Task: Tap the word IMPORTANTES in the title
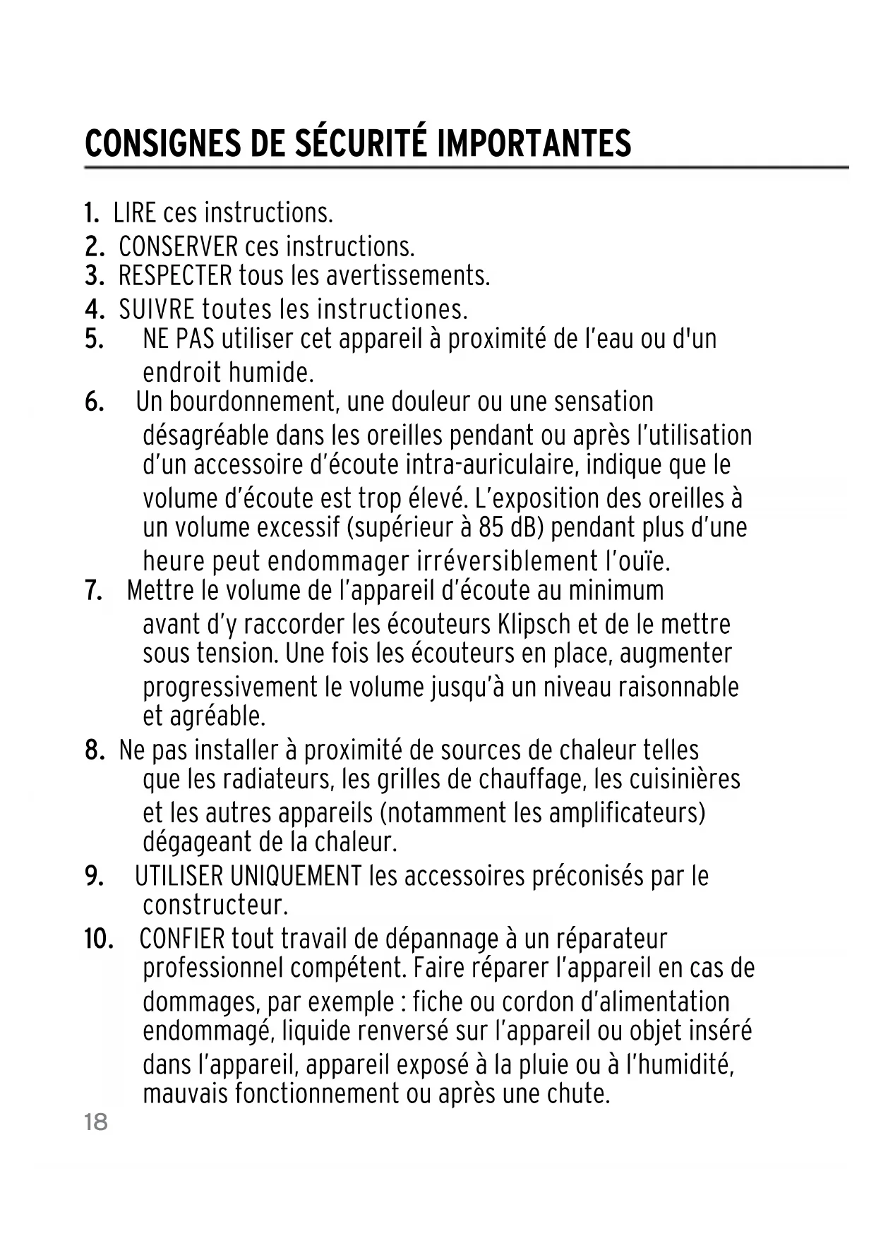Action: click(x=534, y=144)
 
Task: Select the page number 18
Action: click(x=96, y=1122)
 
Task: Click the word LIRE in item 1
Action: click(x=135, y=212)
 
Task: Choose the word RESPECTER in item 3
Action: click(x=175, y=275)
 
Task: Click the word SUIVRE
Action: click(x=157, y=310)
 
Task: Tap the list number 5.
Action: click(x=94, y=339)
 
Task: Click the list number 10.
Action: click(x=99, y=939)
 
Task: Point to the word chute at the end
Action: click(x=577, y=1094)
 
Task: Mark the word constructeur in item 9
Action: click(x=215, y=905)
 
